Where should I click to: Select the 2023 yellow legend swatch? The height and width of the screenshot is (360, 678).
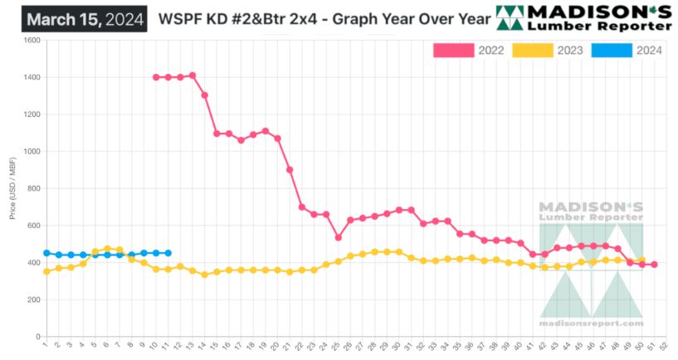[x=533, y=51]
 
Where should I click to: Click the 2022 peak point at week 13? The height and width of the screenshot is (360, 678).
[x=193, y=75]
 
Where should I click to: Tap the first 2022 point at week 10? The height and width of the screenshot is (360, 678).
[x=156, y=77]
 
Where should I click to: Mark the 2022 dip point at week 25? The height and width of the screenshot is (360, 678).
[x=339, y=237]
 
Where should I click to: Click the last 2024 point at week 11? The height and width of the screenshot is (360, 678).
[x=168, y=253]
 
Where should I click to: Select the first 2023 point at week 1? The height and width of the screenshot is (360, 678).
[x=46, y=271]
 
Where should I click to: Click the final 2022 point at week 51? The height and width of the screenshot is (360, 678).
[x=655, y=265]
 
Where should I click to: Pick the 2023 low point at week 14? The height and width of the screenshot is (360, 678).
[x=205, y=275]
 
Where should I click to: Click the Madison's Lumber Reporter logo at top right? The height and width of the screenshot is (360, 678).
[x=583, y=18]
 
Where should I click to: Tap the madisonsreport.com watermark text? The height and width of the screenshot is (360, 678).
[x=590, y=324]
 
